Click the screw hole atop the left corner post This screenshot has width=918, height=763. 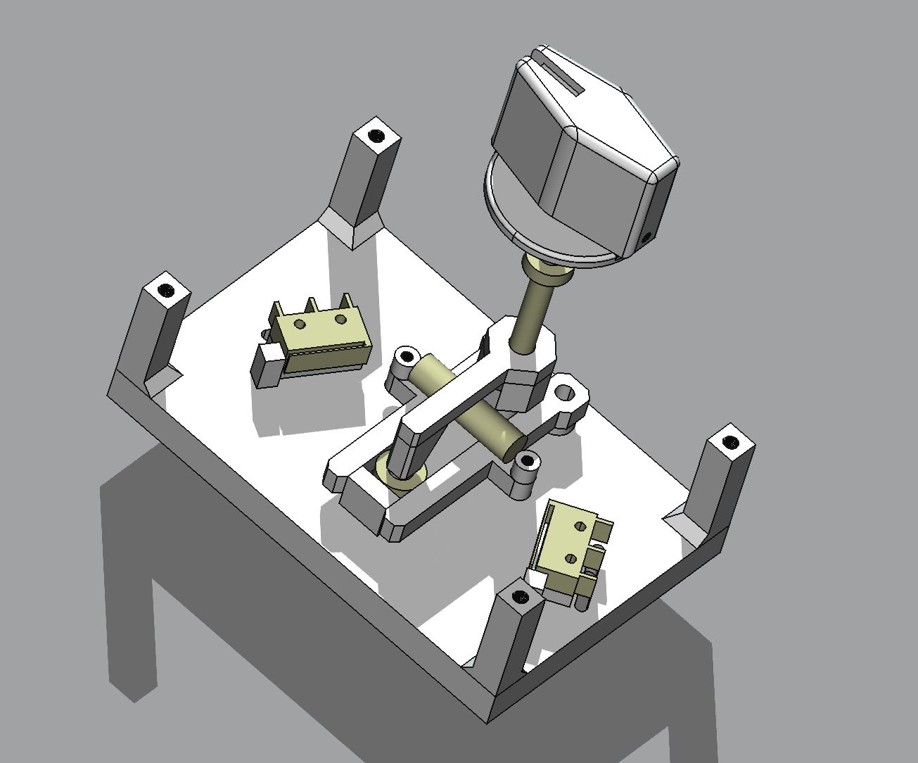click(x=166, y=289)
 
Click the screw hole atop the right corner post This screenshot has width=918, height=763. click(x=731, y=443)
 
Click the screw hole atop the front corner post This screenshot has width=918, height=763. click(x=520, y=597)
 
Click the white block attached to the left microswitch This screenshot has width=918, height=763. click(x=267, y=365)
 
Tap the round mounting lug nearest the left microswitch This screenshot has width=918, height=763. click(x=406, y=357)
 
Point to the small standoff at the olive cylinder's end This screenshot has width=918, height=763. click(x=528, y=463)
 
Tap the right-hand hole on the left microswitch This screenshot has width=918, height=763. click(x=341, y=320)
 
